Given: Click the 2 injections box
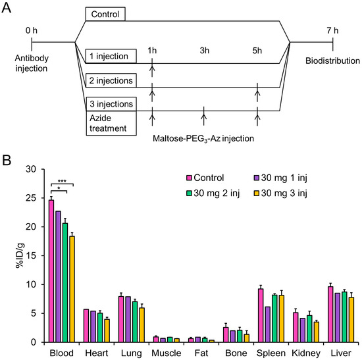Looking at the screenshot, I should coord(113,81).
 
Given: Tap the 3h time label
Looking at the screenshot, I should coord(204,51).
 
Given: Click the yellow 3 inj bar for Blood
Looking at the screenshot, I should coord(72,289).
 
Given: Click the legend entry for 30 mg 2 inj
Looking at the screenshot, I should coord(210,193).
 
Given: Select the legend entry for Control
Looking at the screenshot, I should coord(203,177).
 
